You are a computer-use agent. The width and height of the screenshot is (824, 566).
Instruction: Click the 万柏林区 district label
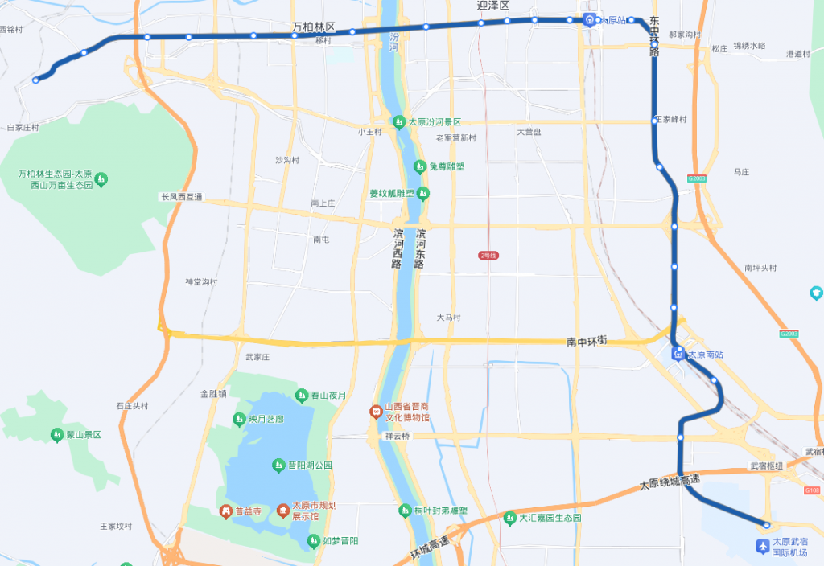314,27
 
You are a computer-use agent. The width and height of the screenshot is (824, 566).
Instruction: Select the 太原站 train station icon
590,20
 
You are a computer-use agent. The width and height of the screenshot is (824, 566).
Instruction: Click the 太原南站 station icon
678,351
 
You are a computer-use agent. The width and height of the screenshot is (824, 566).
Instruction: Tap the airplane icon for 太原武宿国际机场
762,547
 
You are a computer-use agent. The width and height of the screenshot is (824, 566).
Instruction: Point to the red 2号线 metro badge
488,256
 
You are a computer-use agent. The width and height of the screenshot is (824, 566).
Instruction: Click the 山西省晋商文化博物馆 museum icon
375,412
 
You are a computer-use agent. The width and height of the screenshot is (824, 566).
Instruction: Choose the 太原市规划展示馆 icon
282,511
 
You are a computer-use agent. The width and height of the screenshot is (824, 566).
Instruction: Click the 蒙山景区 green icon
57,435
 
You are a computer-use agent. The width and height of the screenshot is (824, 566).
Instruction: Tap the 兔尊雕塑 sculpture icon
419,166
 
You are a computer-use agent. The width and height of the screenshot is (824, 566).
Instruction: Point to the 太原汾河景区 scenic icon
398,122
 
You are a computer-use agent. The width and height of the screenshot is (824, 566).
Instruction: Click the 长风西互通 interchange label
182,197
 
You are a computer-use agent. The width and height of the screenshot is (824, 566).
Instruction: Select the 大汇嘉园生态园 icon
509,518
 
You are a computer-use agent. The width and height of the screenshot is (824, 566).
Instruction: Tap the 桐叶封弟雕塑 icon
406,511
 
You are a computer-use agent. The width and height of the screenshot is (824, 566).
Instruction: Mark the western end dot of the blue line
35,80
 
